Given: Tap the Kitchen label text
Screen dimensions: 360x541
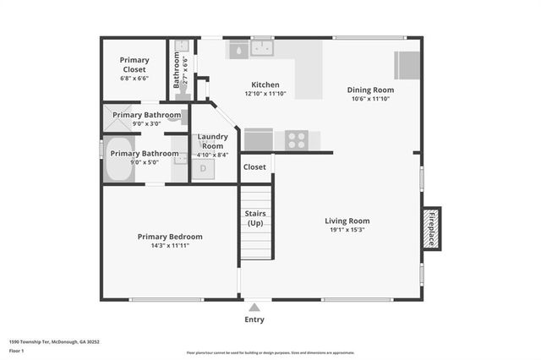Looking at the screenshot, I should click(x=265, y=84).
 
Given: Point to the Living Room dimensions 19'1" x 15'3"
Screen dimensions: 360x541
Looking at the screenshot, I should click(x=347, y=231).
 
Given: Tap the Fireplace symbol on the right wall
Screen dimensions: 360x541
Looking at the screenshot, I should click(x=430, y=228).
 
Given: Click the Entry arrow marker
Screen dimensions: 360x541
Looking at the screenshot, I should click(x=254, y=307).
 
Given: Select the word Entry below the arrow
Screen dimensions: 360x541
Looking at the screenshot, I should click(x=254, y=319).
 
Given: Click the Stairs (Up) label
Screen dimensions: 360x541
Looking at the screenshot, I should click(x=256, y=218).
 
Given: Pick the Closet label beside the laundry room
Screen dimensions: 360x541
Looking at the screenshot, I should click(x=254, y=167).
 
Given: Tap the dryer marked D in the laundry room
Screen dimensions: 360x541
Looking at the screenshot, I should click(x=203, y=169).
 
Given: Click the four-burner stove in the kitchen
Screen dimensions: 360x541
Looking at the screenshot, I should click(x=297, y=139).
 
